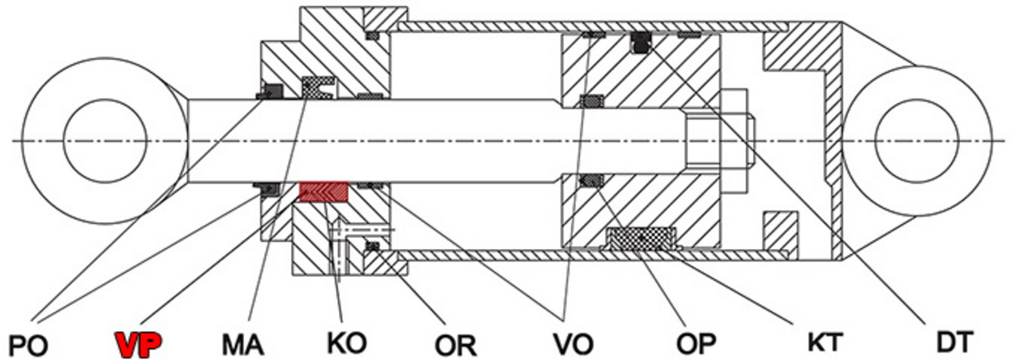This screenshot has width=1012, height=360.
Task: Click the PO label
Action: coord(28,345)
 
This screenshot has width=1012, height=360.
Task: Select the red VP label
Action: coord(139,345)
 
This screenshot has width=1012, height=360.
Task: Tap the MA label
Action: coord(242,345)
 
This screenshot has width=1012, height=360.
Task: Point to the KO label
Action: coord(346,343)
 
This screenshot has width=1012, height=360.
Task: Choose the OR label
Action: coord(455,345)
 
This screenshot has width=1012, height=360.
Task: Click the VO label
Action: coord(573,344)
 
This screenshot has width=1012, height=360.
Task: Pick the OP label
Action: coord(696,344)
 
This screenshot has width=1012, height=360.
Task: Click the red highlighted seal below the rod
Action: coord(324,192)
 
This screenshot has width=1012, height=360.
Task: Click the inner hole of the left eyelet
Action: coord(104,141)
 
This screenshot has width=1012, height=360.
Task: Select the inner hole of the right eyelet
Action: coord(916,141)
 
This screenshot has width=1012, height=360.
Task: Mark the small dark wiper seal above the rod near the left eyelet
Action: coord(269,92)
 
